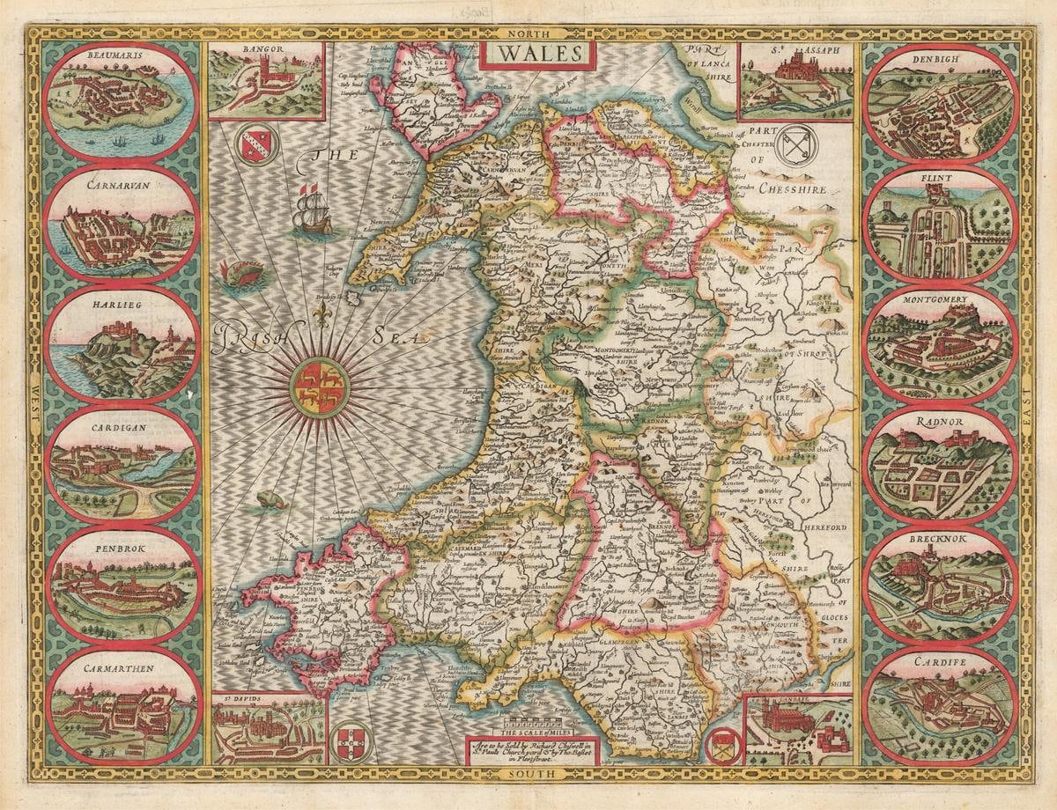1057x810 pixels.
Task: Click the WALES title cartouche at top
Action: pyautogui.click(x=537, y=55)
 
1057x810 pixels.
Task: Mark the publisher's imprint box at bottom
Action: pyautogui.click(x=531, y=751)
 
